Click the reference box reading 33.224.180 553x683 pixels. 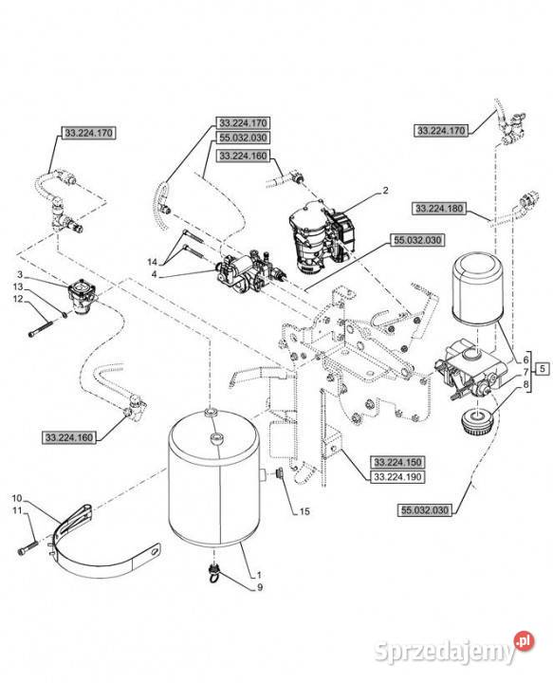point(439,209)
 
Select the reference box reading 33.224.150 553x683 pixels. point(397,462)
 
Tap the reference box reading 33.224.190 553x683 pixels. point(397,476)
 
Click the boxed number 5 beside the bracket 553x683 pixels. point(542,369)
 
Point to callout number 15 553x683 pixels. point(304,511)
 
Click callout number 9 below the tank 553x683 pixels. point(260,587)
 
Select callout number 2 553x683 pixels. point(385,191)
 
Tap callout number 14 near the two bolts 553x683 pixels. point(152,262)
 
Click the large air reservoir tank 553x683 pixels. point(214,477)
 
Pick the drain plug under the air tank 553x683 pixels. point(213,572)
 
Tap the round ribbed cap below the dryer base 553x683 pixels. point(477,421)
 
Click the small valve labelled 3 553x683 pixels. point(83,297)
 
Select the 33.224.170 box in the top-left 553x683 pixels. point(89,133)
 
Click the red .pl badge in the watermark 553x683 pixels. point(524,640)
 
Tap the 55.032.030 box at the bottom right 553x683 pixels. point(425,510)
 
